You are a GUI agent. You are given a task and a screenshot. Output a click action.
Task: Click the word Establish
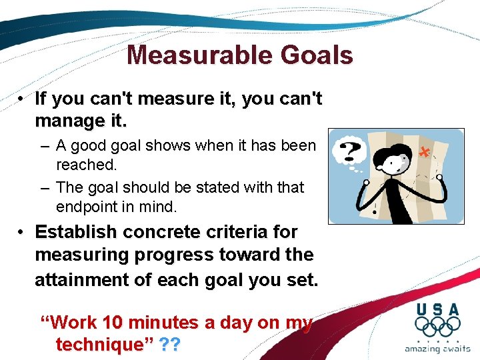click(75, 232)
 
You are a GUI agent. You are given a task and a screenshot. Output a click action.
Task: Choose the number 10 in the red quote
click(113, 323)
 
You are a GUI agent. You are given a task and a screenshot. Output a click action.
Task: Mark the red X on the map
click(423, 152)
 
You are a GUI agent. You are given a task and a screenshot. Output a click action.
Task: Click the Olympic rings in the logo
click(437, 326)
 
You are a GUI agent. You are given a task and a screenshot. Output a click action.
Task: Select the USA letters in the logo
click(437, 309)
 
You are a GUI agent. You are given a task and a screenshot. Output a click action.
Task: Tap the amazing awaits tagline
click(437, 349)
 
